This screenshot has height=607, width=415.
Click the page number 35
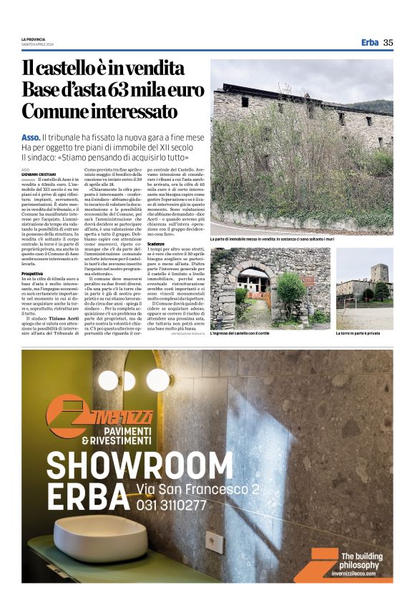(x=388, y=42)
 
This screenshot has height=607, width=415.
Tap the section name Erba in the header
(x=369, y=42)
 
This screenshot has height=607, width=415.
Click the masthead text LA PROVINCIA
(x=33, y=39)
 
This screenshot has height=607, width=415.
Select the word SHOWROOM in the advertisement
(x=131, y=463)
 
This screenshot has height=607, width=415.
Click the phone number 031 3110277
(x=172, y=505)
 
